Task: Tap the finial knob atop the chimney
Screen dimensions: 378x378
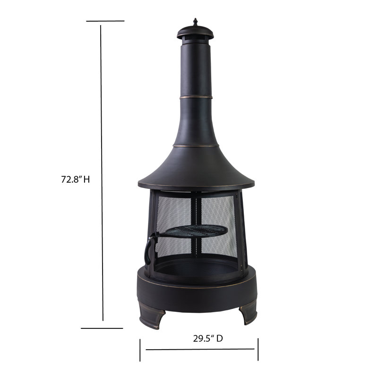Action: point(195,23)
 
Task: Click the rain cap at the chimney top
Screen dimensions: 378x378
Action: point(195,34)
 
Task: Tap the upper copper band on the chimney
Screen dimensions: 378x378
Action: point(195,97)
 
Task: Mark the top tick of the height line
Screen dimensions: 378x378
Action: point(105,21)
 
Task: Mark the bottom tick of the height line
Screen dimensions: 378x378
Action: point(102,328)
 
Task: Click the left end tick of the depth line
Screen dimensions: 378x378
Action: point(140,350)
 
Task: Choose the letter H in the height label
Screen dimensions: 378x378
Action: point(86,180)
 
